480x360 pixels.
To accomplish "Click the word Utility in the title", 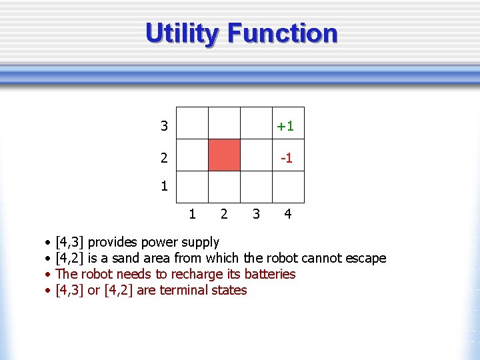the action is tap(182, 33).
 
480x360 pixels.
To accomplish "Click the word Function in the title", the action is tap(283, 33).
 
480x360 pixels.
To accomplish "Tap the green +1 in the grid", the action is tap(286, 126).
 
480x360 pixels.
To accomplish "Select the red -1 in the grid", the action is tap(287, 158).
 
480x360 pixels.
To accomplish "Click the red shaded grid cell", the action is tap(224, 155).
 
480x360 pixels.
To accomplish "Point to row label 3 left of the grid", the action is tap(164, 126).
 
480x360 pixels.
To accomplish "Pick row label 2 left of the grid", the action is tap(164, 158).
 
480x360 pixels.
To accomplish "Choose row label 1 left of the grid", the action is tap(164, 187).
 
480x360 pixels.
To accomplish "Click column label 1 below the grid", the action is tap(192, 214).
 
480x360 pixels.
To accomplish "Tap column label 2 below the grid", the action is tap(224, 214).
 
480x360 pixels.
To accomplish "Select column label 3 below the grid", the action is tap(255, 214).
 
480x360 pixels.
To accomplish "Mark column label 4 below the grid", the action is tap(287, 214).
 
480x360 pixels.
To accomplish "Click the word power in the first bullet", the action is tap(157, 243).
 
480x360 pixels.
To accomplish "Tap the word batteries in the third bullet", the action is tap(270, 274).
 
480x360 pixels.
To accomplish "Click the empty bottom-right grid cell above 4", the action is tap(288, 187).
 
